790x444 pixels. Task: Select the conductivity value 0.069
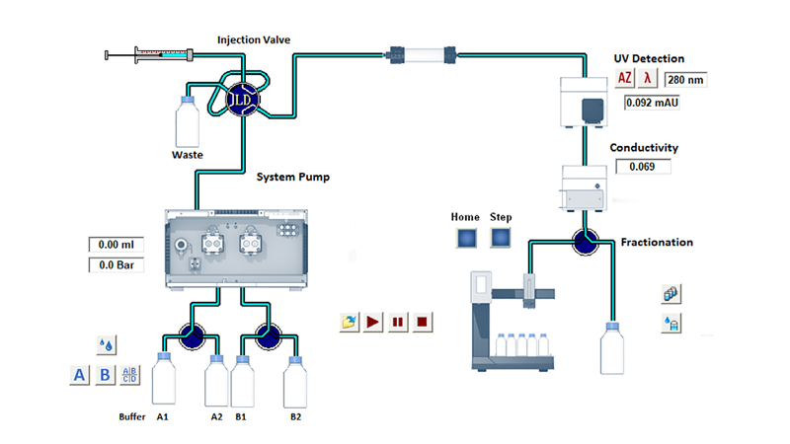click(x=643, y=166)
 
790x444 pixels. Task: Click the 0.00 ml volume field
click(x=117, y=244)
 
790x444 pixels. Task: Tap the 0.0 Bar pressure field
click(x=117, y=264)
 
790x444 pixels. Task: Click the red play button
click(x=373, y=323)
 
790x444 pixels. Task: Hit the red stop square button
click(x=422, y=323)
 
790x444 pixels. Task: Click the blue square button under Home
click(x=467, y=238)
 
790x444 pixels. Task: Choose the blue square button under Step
click(x=502, y=238)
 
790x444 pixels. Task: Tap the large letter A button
click(x=80, y=375)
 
